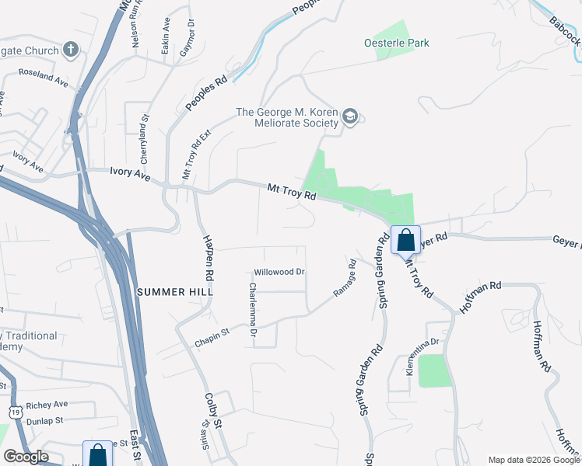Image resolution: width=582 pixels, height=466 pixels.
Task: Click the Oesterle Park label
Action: [x=396, y=43]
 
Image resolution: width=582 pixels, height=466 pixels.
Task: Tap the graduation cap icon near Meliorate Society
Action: [x=351, y=117]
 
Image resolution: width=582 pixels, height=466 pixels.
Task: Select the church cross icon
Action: [x=71, y=51]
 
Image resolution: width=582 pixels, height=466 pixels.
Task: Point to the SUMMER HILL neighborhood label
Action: [x=169, y=292]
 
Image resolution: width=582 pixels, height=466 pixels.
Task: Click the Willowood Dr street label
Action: [x=279, y=273]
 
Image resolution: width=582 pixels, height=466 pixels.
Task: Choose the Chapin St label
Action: [x=212, y=336]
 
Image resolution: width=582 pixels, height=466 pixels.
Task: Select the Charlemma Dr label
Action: [x=252, y=309]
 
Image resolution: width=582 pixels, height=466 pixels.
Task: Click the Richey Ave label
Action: [x=47, y=405]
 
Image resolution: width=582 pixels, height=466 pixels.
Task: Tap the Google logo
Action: [x=26, y=457]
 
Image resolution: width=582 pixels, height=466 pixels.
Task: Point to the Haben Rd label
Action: [x=208, y=257]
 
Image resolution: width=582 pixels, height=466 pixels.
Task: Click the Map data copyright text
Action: [x=534, y=460]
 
